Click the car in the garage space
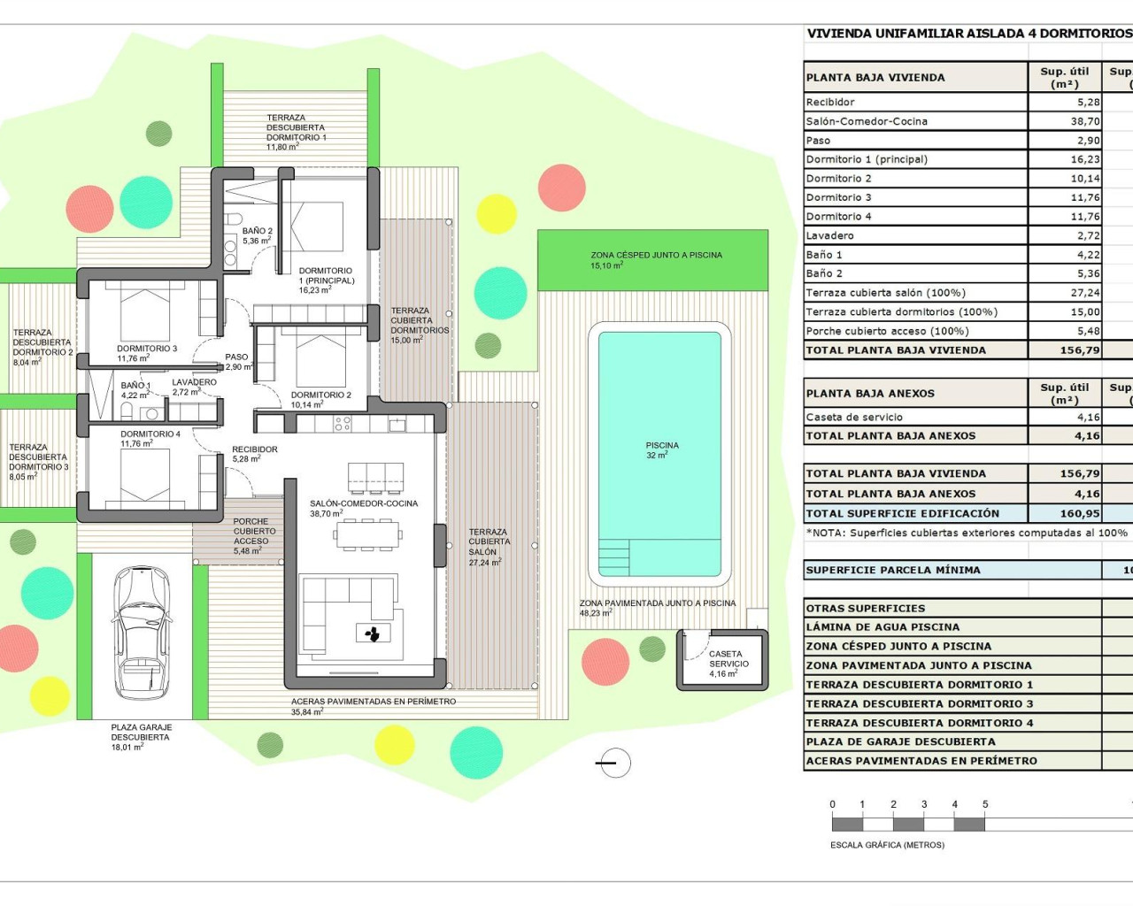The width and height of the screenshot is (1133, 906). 143,633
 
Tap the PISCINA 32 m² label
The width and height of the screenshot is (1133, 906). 661,450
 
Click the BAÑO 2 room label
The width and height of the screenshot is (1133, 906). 257,235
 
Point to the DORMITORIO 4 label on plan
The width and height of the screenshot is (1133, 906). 150,439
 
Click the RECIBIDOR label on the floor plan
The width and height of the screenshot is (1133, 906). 254,454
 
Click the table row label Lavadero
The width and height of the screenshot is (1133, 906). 829,235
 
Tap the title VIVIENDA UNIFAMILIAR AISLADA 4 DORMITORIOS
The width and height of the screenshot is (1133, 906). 968,34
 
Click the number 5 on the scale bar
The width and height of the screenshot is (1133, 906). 984,804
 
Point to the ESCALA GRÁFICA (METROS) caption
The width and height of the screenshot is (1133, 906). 887,845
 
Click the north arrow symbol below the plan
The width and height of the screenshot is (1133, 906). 613,762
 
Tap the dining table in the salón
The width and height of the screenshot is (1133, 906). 366,534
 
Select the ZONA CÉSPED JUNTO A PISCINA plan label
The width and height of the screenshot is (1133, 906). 656,259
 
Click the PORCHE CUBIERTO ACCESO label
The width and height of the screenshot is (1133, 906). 254,536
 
